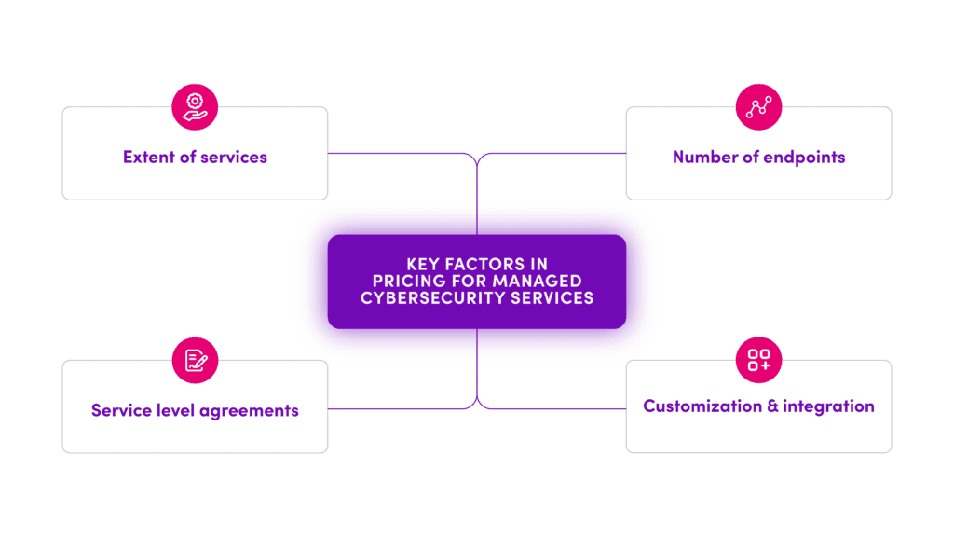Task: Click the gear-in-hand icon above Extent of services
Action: pos(195,105)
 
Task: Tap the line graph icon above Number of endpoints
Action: pos(758,105)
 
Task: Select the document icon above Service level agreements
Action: pos(195,359)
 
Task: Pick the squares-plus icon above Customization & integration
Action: pos(758,359)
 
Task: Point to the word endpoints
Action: pos(804,157)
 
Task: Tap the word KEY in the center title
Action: pos(423,265)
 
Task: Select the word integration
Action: pos(828,406)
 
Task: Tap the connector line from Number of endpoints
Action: pos(554,153)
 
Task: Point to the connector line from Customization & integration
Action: pos(554,408)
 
